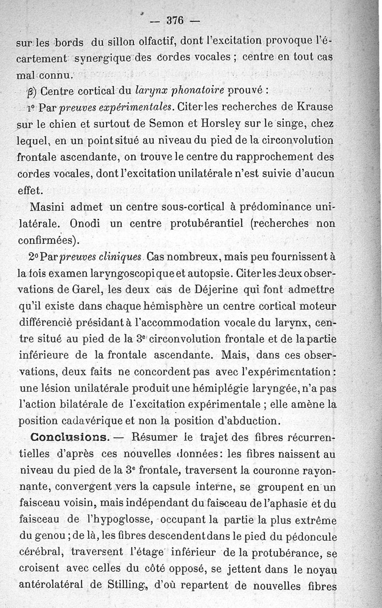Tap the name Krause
pos(313,105)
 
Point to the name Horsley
pos(224,122)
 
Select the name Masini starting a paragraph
pos(47,207)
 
